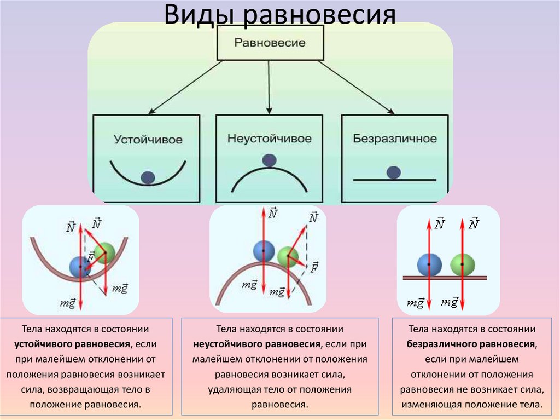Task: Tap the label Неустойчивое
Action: tap(269, 139)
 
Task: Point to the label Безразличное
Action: tap(394, 139)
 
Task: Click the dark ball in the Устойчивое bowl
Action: tap(148, 177)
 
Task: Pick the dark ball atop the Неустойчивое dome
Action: tap(269, 160)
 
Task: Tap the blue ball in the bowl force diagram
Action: tap(80, 267)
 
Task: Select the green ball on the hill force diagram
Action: tap(288, 256)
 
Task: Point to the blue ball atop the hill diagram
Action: tap(263, 250)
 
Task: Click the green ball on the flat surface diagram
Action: tap(462, 264)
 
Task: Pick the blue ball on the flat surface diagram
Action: tap(429, 264)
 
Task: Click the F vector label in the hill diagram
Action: tap(315, 267)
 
